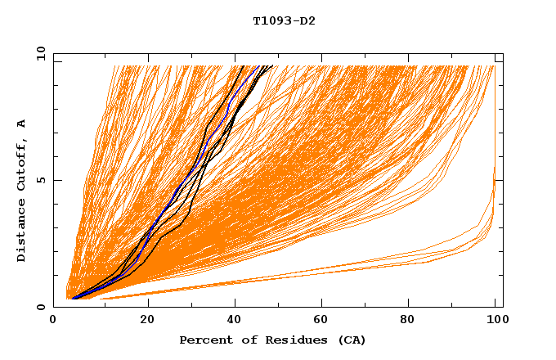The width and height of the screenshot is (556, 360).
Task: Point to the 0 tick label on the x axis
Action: click(54, 319)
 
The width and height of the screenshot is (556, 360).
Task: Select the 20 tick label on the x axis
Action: click(147, 319)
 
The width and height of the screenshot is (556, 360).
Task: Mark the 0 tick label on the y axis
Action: click(41, 307)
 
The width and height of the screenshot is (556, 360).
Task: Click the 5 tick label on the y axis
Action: click(41, 180)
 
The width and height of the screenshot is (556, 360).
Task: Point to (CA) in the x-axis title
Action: click(352, 340)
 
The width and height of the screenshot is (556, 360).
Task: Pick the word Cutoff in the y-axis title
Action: click(21, 164)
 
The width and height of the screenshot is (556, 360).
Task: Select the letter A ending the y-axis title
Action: click(21, 123)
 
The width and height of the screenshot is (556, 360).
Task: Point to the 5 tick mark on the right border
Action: click(499, 180)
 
